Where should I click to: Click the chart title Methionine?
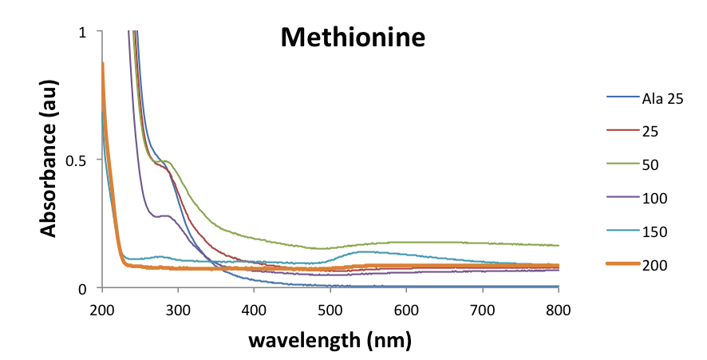tap(352, 38)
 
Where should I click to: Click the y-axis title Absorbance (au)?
tap(49, 160)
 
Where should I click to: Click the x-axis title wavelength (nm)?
tap(330, 341)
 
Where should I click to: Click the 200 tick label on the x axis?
tap(102, 308)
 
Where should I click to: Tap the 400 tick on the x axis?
tap(254, 308)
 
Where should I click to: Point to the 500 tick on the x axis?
tap(330, 308)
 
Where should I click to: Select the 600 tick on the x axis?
tap(406, 308)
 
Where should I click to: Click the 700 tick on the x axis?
tap(483, 308)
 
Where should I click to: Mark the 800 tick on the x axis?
tap(559, 308)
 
